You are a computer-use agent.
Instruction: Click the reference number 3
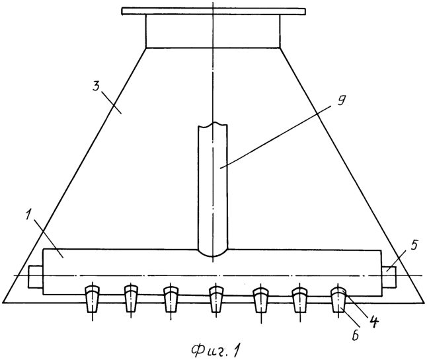coord(96,87)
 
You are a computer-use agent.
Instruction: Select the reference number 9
coord(339,101)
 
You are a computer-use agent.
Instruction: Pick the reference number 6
coord(356,336)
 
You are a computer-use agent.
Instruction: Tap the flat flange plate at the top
coord(213,11)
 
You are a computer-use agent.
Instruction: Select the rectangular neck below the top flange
coord(213,31)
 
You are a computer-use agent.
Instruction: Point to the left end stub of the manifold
coord(36,276)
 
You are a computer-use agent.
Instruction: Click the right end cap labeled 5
coord(389,277)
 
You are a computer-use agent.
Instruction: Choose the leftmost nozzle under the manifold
coord(93,299)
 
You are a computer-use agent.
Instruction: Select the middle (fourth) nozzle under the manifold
coord(216,299)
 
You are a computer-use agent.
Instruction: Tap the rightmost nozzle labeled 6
coord(338,299)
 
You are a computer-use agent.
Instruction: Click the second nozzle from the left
coord(132,299)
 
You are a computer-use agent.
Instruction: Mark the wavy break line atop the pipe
coord(213,125)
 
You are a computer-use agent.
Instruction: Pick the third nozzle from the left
coord(171,299)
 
